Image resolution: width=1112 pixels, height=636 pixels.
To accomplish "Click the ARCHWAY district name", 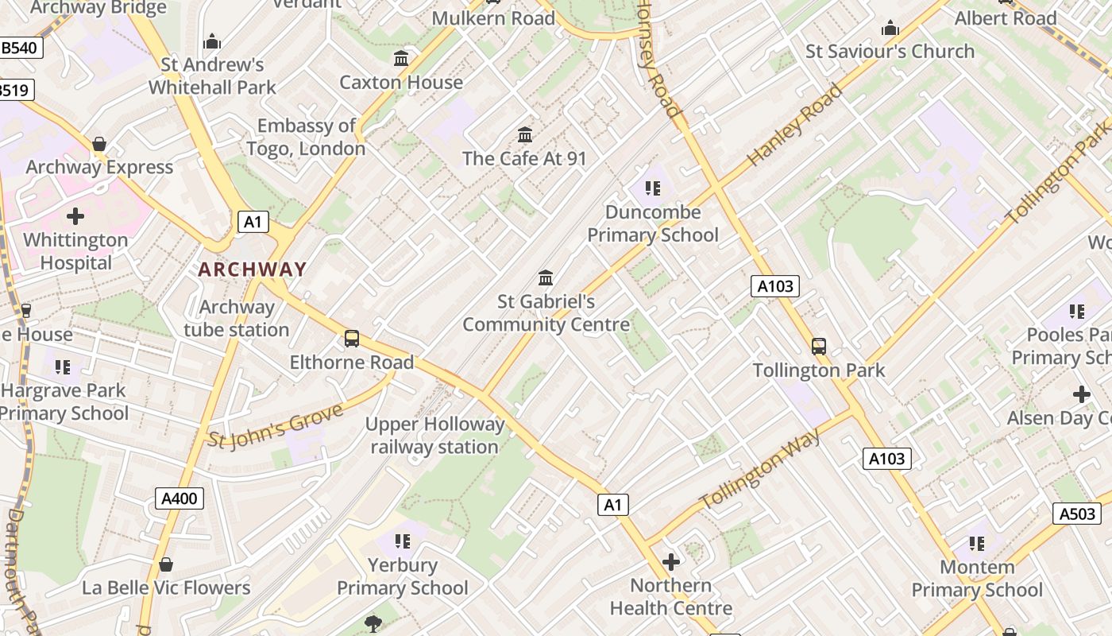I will tap(252, 270).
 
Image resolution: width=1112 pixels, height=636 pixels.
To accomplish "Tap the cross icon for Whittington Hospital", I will tap(75, 216).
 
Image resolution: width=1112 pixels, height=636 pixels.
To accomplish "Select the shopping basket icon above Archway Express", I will tap(99, 144).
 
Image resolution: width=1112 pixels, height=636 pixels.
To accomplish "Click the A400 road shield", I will tap(179, 498).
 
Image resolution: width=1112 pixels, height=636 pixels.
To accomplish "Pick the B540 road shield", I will tap(19, 48).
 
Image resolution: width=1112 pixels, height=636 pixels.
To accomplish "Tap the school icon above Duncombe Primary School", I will tap(652, 188).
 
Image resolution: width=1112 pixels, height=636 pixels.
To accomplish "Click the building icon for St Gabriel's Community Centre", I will tap(546, 278).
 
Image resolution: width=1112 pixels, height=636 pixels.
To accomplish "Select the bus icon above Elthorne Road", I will tap(352, 339).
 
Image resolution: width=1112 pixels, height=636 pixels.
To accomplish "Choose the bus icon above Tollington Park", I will tap(819, 347).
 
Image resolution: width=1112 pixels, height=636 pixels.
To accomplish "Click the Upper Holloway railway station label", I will tap(434, 436).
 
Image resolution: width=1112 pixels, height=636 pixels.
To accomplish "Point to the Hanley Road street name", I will tap(794, 125).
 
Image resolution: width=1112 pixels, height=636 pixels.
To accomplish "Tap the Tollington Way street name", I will tap(760, 470).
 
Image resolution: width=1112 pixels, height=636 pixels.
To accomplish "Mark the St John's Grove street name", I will tap(275, 425).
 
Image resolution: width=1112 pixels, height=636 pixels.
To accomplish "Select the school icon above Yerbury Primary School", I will tap(403, 541).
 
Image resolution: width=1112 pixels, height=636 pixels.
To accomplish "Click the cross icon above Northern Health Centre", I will tap(671, 562).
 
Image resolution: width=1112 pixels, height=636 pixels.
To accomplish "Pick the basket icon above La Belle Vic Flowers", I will tap(166, 564).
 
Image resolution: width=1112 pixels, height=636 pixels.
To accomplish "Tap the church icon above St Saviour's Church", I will tap(890, 29).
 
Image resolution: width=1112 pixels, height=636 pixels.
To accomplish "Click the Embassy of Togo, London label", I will tap(307, 137).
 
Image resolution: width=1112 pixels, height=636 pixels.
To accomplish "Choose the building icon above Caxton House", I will tap(401, 59).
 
